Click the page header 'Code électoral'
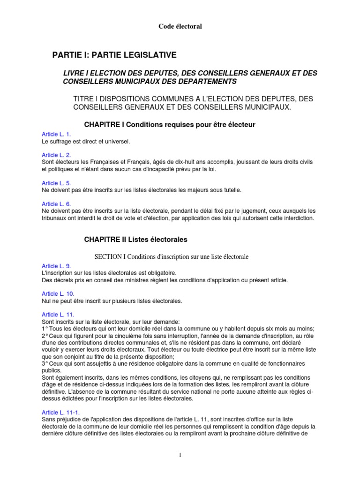click(180, 27)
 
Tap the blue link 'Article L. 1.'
click(56, 135)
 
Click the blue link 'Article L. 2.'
click(56, 155)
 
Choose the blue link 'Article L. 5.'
click(56, 183)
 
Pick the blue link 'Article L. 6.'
click(56, 204)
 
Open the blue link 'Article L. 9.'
click(56, 266)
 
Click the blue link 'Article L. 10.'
click(58, 294)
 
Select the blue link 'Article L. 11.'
click(58, 315)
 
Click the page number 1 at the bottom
click(180, 455)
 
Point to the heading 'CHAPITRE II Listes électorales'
click(135, 240)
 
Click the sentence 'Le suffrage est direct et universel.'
click(86, 141)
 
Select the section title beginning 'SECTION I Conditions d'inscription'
click(171, 256)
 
